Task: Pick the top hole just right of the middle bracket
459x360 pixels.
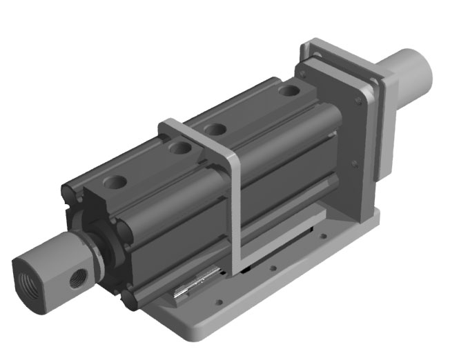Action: [217, 128]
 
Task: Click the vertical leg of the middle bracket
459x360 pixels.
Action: [235, 214]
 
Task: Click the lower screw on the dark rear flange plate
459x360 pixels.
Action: [353, 163]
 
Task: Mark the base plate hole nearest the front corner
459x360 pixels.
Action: [219, 301]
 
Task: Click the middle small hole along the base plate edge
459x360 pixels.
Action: [274, 268]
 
